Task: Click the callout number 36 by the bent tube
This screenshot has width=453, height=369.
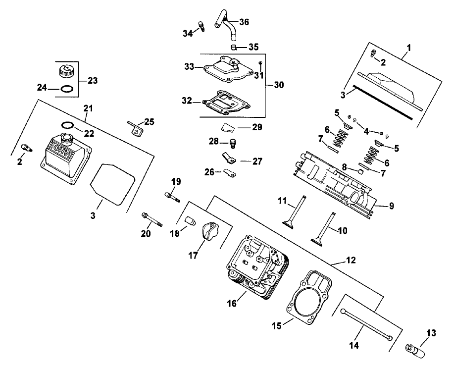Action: click(244, 22)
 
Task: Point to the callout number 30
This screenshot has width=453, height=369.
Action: click(279, 85)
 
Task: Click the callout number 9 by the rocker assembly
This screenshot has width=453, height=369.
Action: click(391, 205)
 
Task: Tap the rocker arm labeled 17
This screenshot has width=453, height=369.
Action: click(207, 232)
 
